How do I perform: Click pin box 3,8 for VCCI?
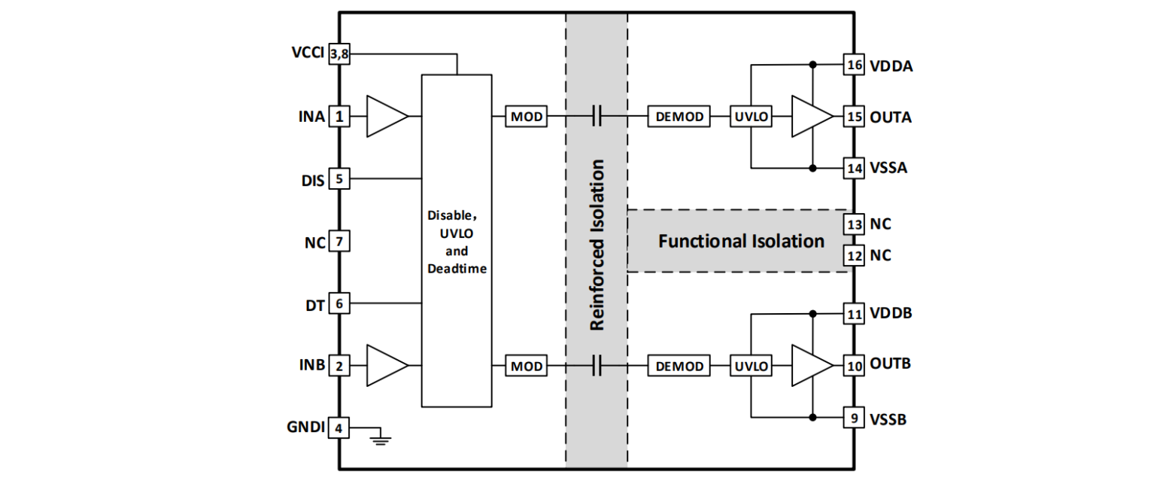point(339,54)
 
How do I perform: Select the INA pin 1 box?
point(339,117)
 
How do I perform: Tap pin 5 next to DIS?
point(339,179)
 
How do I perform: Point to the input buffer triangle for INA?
point(386,117)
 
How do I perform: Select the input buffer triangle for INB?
point(386,366)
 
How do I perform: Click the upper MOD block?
point(527,117)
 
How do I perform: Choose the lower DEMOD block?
point(679,367)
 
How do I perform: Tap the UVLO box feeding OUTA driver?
point(751,117)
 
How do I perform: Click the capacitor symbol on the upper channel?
point(597,117)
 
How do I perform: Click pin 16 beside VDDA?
point(854,65)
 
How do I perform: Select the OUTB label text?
point(891,364)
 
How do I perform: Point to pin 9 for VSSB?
point(854,418)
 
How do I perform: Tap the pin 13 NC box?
point(854,224)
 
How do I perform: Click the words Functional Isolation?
point(741,242)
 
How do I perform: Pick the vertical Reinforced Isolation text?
point(597,245)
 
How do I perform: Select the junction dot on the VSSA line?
point(813,168)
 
